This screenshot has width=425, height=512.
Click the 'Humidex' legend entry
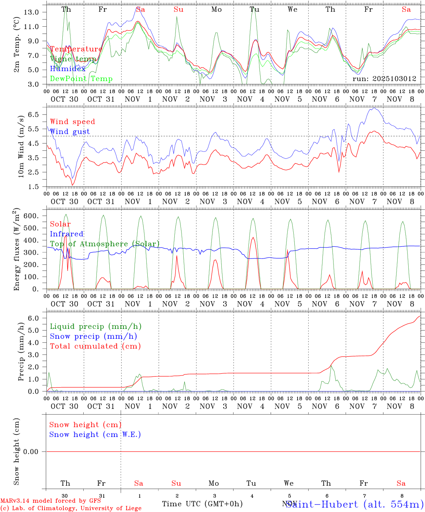point(68,69)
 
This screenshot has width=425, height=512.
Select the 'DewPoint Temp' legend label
point(81,79)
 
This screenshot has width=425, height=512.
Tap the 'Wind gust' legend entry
point(70,132)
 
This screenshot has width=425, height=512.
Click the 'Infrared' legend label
point(67,234)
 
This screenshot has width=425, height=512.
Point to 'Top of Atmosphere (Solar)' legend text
point(105,244)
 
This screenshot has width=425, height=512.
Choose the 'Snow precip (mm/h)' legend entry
point(93,336)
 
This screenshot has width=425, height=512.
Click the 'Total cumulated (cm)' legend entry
point(95,346)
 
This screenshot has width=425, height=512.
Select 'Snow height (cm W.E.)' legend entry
point(95,434)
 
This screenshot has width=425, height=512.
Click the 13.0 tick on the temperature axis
point(31,12)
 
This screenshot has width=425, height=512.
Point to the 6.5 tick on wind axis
point(34,114)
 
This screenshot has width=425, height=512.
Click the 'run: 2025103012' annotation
point(384,79)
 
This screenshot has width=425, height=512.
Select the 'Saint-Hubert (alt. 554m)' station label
point(355,504)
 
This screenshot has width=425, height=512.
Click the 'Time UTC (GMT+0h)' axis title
point(202,504)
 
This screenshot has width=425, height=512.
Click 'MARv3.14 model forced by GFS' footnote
point(51,501)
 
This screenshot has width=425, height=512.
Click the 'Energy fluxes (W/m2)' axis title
point(16,250)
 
